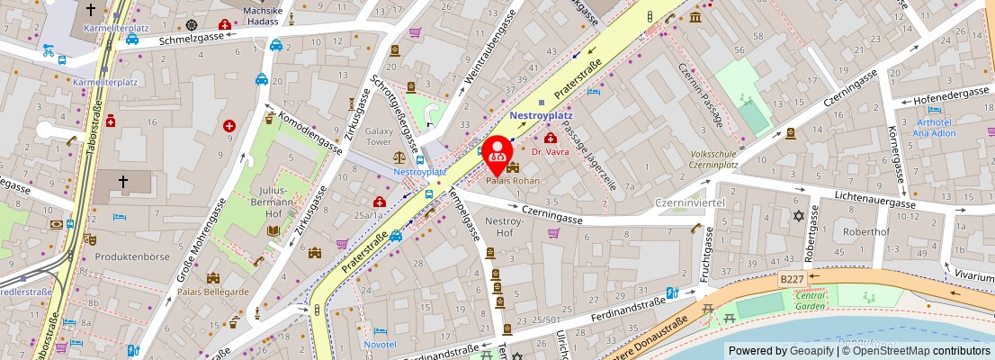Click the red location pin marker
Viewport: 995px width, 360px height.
496,154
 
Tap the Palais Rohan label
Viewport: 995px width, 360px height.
512,181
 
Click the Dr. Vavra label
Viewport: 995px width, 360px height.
551,152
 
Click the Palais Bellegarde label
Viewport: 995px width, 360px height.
213,292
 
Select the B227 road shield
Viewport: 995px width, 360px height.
792,280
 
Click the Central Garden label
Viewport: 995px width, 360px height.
811,301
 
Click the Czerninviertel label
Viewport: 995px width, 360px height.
690,202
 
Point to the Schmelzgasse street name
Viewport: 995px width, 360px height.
191,40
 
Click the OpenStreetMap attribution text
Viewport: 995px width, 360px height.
921,351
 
